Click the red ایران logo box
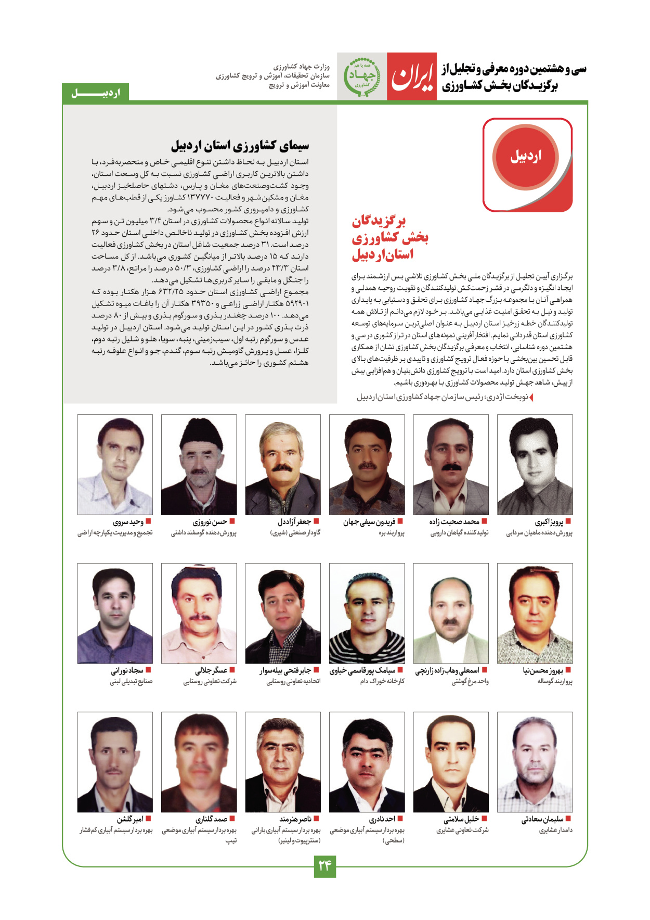pos(411,76)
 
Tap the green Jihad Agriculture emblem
pos(362,76)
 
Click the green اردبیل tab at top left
pos(96,93)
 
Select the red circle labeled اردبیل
pos(526,156)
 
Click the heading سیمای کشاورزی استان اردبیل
pos(240,145)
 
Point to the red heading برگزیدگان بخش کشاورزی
pos(389,238)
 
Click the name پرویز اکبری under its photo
pos(549,522)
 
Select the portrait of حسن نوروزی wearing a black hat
pos(199,464)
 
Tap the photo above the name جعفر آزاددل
pos(283,464)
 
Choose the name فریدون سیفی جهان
pos(369,522)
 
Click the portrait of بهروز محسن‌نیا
pos(535,613)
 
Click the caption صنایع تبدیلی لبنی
pos(131,681)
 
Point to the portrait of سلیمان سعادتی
pos(535,762)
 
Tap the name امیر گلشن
pos(129,820)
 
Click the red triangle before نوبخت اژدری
pos(531,398)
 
